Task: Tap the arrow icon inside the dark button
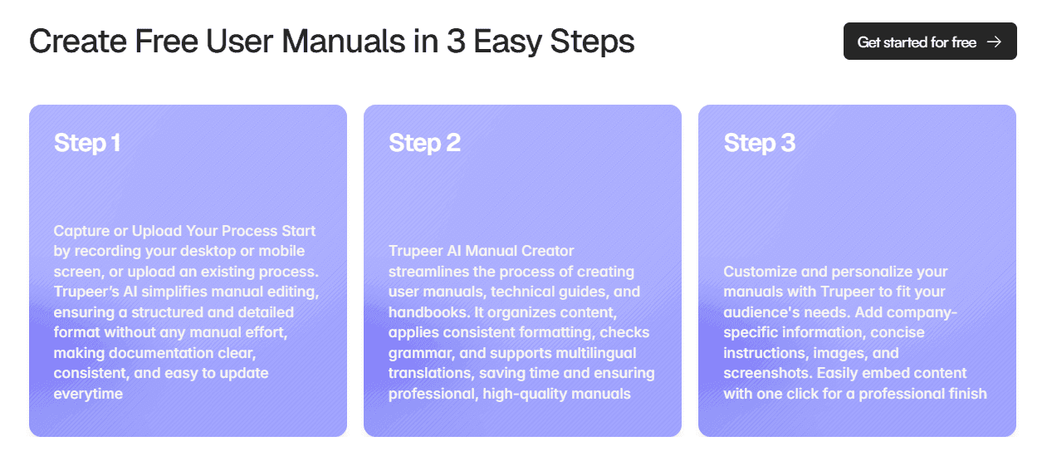coord(994,42)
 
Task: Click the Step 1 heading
coord(87,143)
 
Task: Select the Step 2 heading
coord(424,143)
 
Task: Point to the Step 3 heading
coord(759,143)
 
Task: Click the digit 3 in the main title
coord(454,42)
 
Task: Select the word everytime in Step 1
coord(88,394)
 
